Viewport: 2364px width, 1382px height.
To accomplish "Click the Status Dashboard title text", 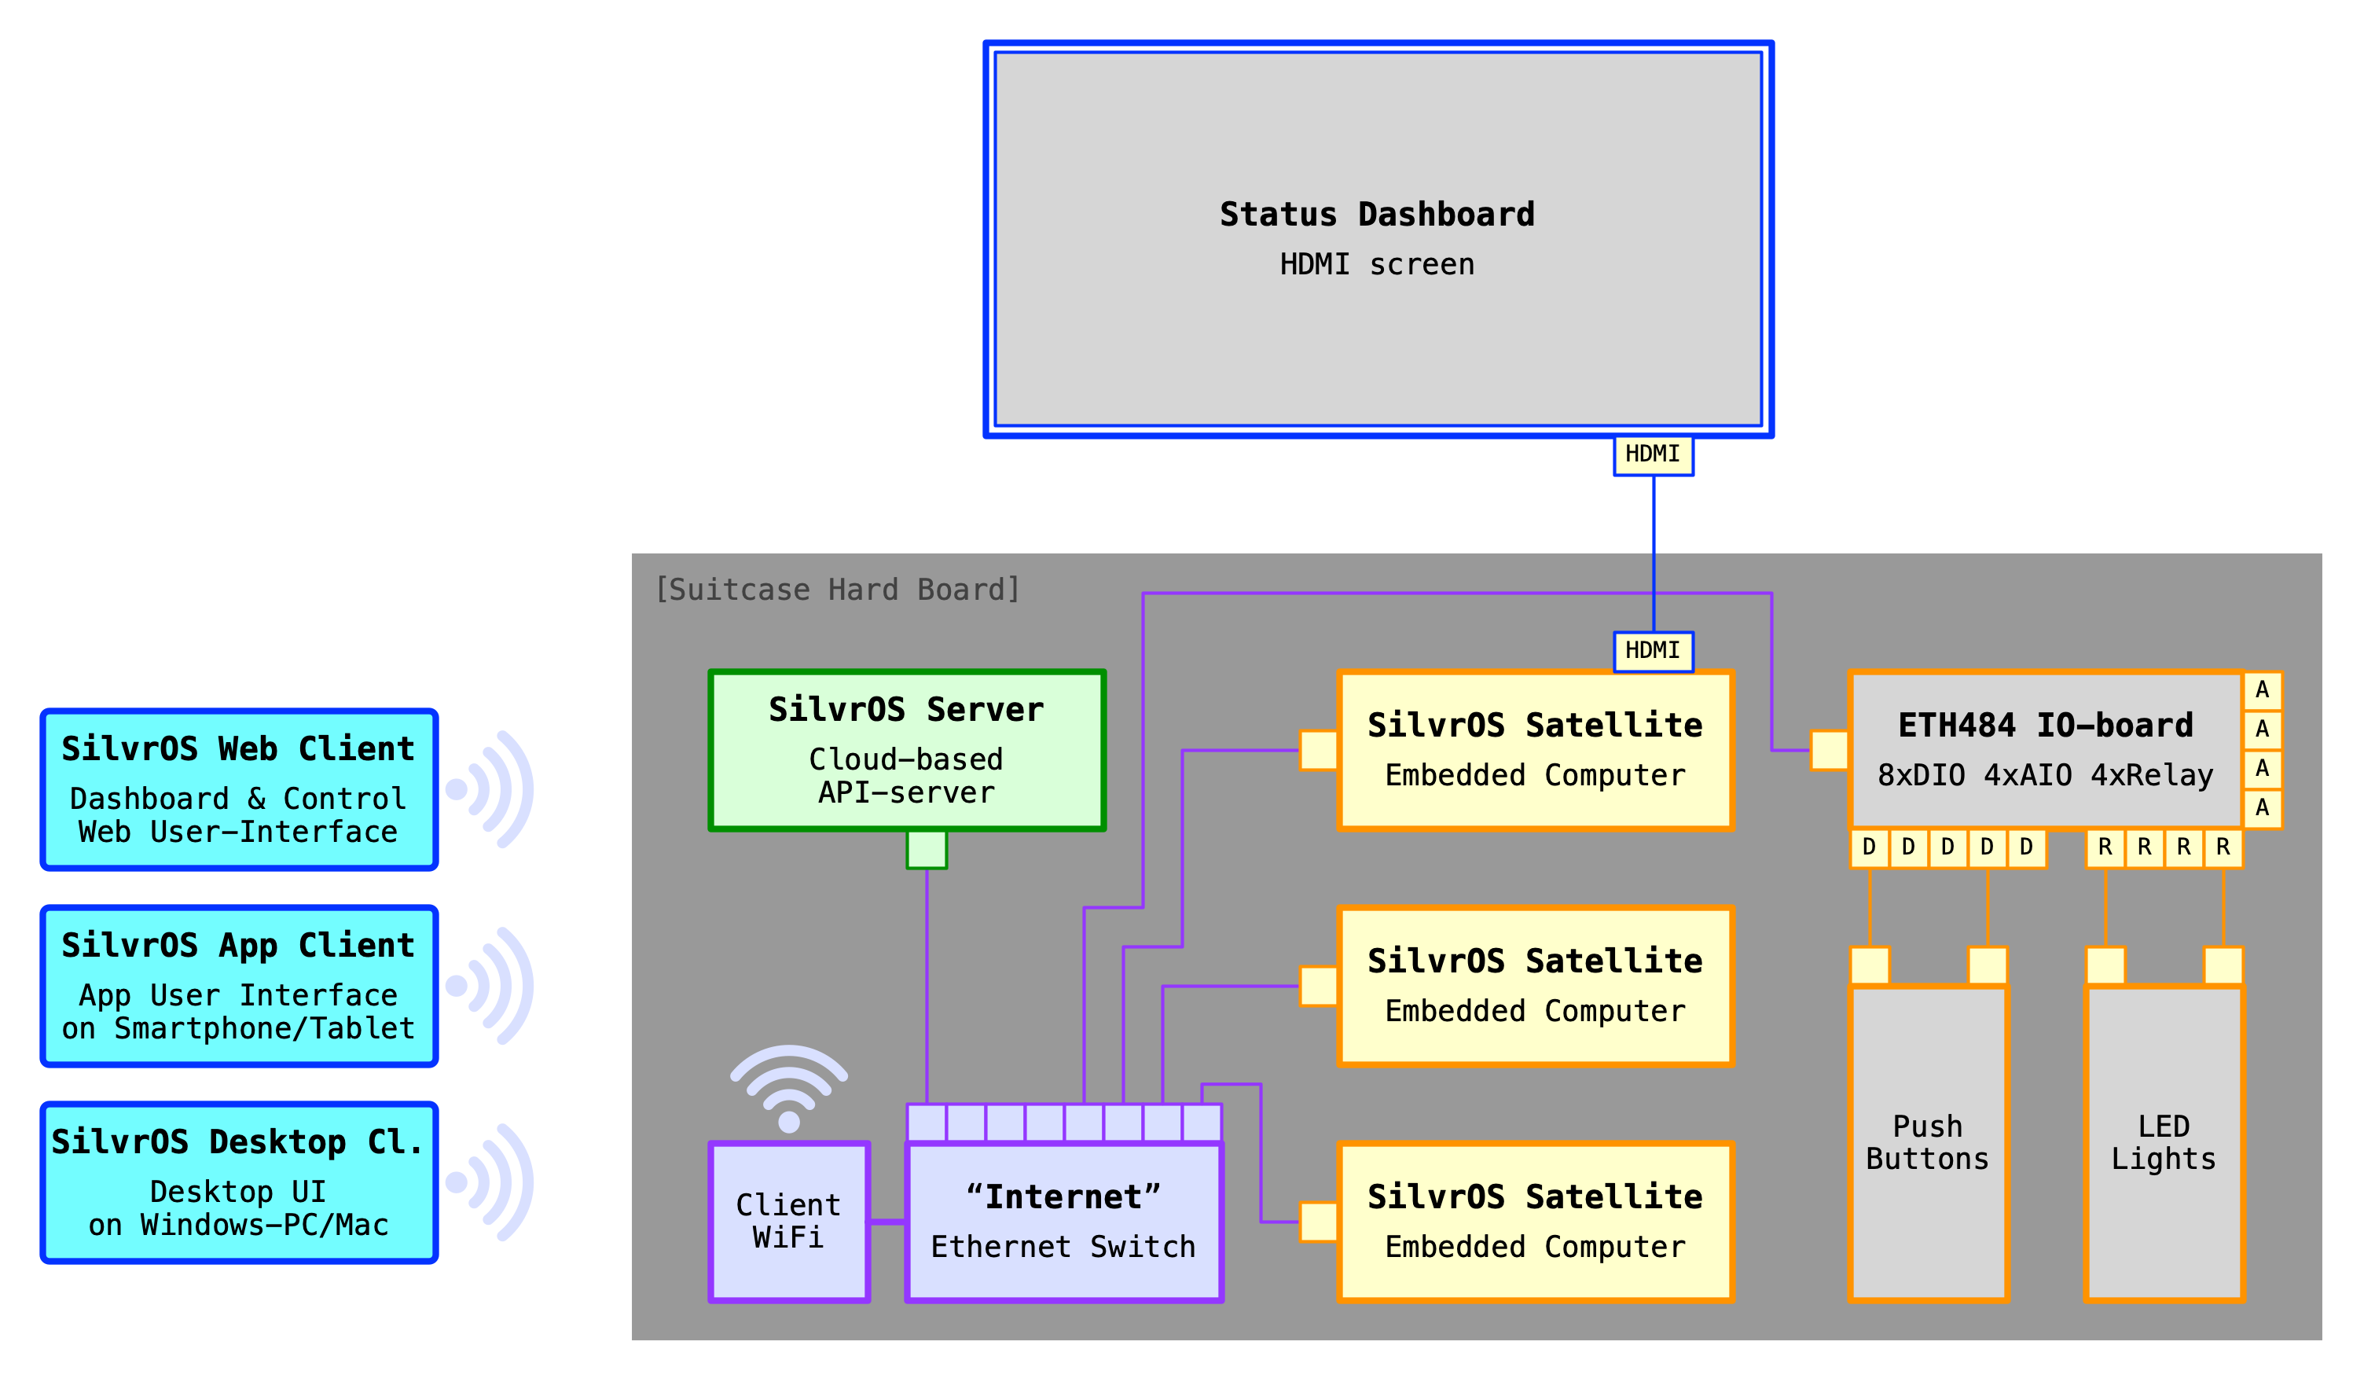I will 1376,215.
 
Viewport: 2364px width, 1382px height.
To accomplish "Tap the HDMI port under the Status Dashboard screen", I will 1653,455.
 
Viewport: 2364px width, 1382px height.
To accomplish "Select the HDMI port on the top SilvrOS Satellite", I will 1653,651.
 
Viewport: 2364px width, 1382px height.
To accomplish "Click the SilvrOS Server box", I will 907,750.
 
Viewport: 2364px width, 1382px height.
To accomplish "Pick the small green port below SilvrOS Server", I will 927,850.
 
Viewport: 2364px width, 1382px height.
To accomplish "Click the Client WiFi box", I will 789,1221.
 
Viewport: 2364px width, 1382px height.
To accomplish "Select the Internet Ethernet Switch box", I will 1064,1221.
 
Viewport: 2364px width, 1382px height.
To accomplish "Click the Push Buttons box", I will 1928,1143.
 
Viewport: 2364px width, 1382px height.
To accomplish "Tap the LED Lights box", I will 2164,1143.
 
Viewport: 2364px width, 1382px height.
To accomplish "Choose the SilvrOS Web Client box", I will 239,789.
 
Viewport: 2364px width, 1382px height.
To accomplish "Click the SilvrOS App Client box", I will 239,985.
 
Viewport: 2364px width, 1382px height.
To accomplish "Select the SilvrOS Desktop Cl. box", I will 239,1182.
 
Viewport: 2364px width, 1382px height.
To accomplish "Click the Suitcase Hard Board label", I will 837,590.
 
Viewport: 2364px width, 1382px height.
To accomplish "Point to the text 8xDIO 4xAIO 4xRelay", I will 2045,775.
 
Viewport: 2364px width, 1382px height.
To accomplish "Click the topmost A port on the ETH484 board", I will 2262,690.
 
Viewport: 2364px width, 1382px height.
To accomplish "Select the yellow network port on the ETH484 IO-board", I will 1830,750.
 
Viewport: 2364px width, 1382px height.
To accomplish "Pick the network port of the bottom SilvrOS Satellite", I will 1318,1222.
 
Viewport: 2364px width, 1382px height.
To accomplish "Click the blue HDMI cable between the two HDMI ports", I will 1653,553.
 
